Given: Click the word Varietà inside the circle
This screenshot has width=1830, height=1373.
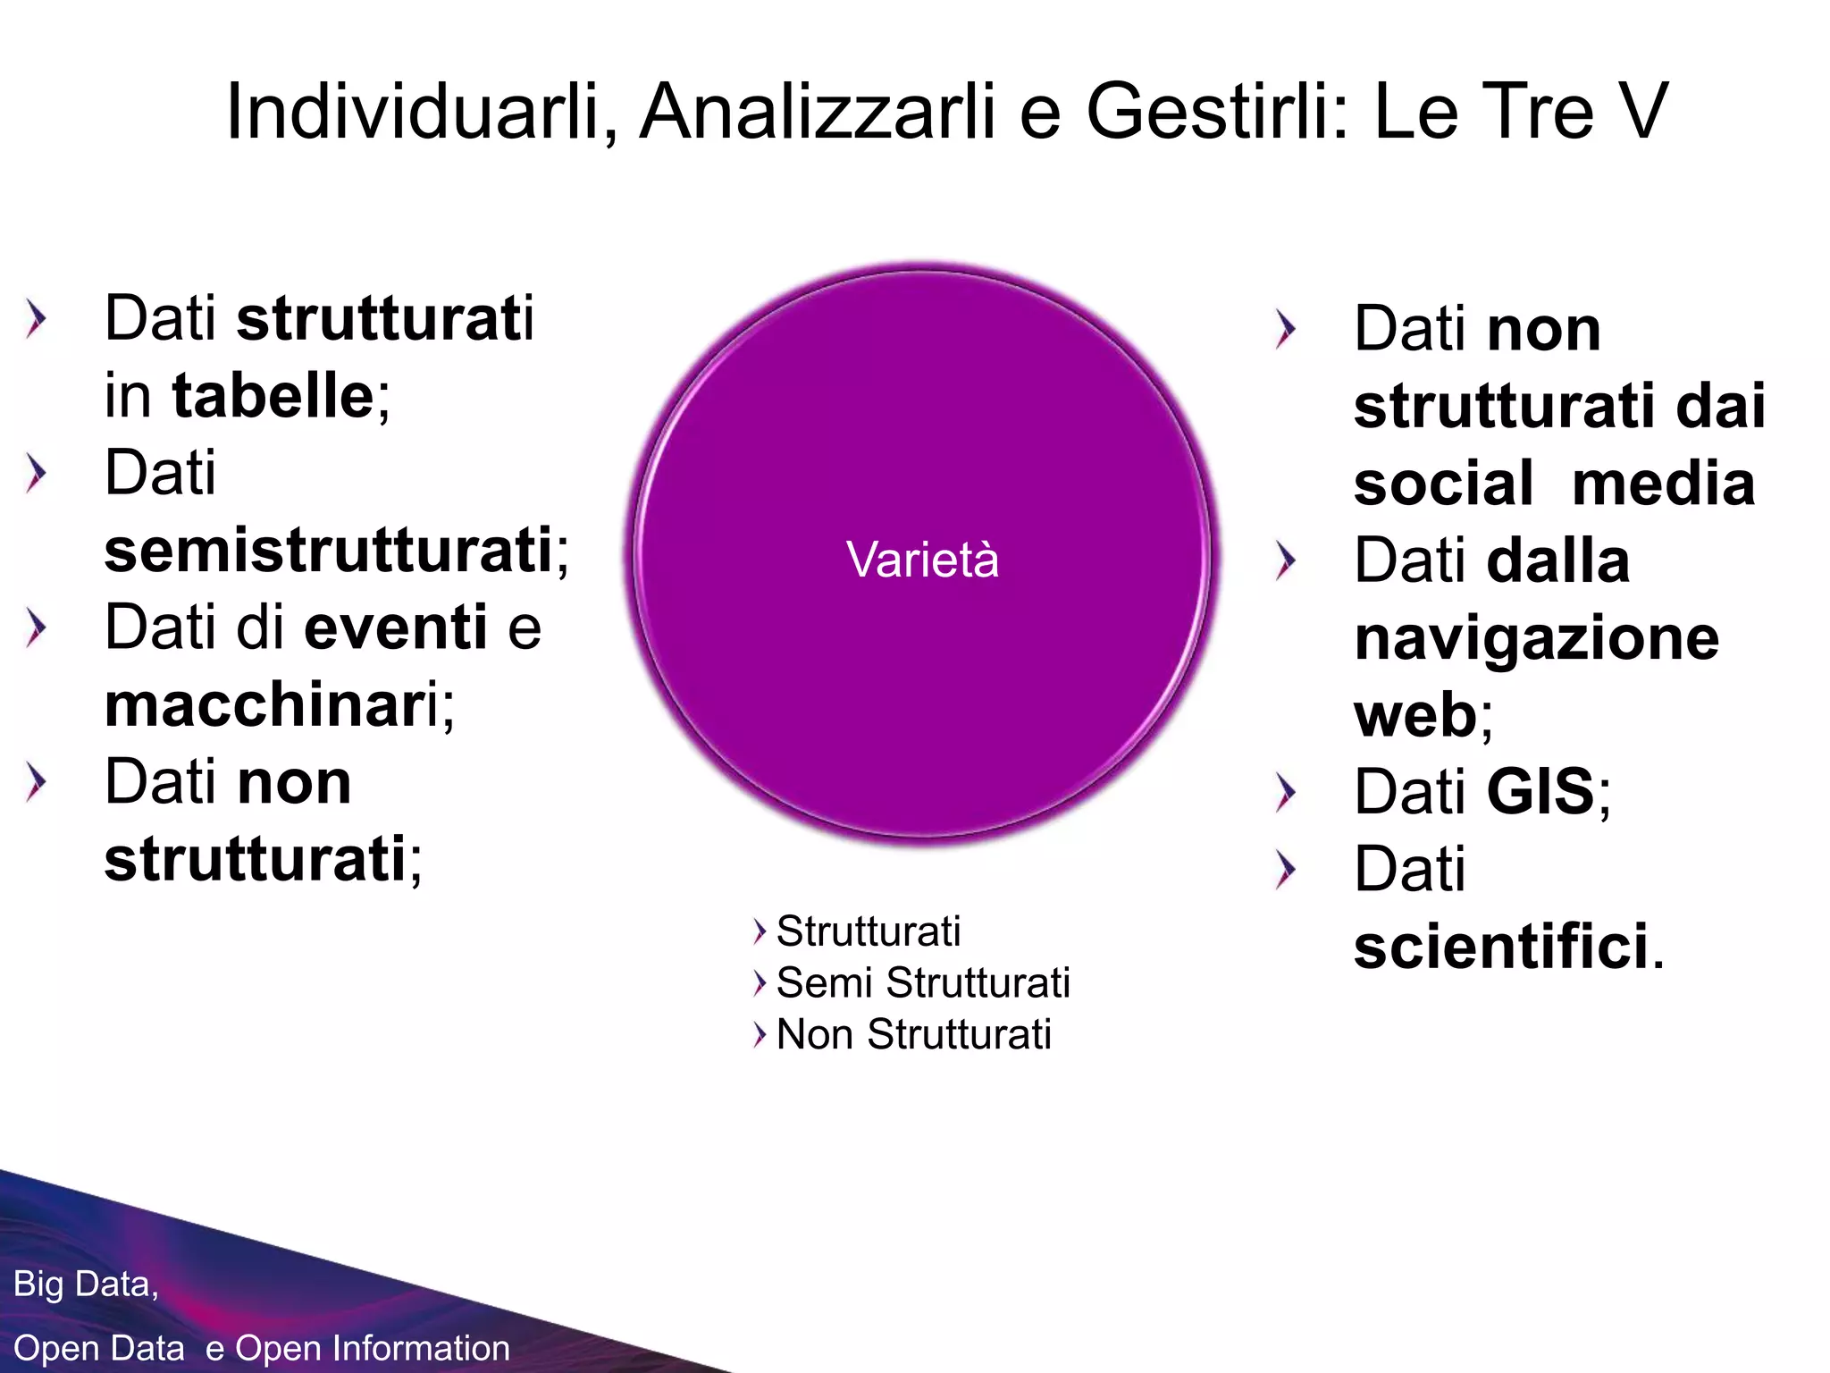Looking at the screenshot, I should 922,560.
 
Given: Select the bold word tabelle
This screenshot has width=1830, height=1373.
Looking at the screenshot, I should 273,396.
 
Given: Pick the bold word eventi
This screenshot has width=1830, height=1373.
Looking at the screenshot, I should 396,628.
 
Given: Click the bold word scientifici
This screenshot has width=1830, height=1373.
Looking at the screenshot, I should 1501,947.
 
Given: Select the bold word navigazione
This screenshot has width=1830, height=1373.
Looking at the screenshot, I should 1536,638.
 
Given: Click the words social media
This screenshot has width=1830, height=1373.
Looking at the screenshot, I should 1554,484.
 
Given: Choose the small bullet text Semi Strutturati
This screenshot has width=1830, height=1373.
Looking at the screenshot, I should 923,983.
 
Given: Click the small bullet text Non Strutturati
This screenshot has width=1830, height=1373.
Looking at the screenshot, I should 913,1035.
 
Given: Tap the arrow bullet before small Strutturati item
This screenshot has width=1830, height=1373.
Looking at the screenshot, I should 760,931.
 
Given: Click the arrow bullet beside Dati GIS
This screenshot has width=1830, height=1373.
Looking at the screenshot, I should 1285,793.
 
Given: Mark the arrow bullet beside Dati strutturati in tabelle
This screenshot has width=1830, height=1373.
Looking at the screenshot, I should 36,320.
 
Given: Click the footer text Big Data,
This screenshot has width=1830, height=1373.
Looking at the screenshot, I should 86,1285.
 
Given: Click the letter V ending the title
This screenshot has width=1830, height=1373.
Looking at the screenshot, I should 1642,112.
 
